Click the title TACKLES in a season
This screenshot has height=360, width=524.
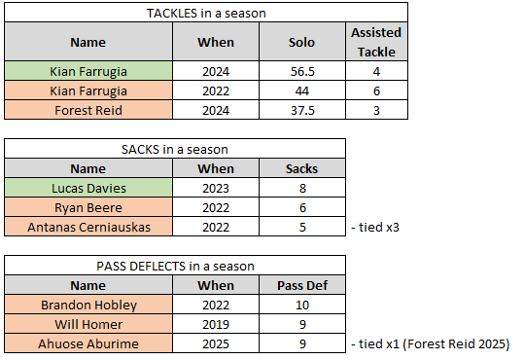pyautogui.click(x=206, y=13)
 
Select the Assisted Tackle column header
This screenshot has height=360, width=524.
pyautogui.click(x=376, y=42)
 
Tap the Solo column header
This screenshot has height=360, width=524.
pyautogui.click(x=301, y=42)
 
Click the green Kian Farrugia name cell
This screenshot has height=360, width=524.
pyautogui.click(x=88, y=71)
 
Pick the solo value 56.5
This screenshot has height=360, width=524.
pyautogui.click(x=302, y=71)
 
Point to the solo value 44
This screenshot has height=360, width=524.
pyautogui.click(x=302, y=90)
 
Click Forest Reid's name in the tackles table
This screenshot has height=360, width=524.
pyautogui.click(x=88, y=110)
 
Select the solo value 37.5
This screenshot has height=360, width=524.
pyautogui.click(x=302, y=110)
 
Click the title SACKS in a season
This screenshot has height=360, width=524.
pyautogui.click(x=175, y=149)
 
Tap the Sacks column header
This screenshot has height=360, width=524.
pyautogui.click(x=301, y=168)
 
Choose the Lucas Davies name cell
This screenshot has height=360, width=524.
pyautogui.click(x=88, y=188)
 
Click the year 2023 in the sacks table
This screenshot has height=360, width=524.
pyautogui.click(x=216, y=188)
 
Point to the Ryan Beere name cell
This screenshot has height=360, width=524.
pyautogui.click(x=88, y=207)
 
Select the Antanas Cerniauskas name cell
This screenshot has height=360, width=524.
pyautogui.click(x=88, y=227)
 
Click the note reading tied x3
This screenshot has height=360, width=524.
pyautogui.click(x=375, y=227)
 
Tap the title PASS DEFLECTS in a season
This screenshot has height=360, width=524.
pyautogui.click(x=175, y=266)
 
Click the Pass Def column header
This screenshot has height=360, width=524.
pyautogui.click(x=302, y=285)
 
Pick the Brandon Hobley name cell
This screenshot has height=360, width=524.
pyautogui.click(x=88, y=305)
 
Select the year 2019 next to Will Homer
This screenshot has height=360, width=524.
pyautogui.click(x=216, y=324)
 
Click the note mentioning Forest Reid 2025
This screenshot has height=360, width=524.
pyautogui.click(x=431, y=343)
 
